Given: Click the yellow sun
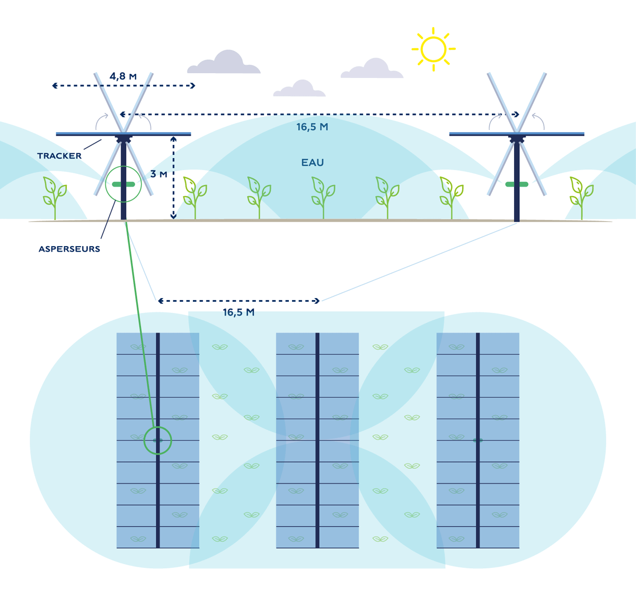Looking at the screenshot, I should coord(434,49).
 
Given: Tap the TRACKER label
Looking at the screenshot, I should coord(59,156).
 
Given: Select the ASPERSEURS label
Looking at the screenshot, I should coord(69,249).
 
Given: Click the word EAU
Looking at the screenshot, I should coord(312,163).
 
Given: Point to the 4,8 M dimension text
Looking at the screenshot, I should coord(123,76).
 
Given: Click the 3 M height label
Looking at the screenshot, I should coord(158,174).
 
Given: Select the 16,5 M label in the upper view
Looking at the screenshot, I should coord(312,127).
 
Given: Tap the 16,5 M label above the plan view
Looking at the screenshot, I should coord(238,312).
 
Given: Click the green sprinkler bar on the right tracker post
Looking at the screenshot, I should coord(517,185).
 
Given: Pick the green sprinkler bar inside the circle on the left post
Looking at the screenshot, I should coord(123,185).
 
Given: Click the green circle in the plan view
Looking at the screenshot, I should coord(158,440).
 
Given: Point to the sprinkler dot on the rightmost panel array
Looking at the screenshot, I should coord(478,440).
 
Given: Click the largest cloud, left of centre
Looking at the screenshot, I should coord(225,63).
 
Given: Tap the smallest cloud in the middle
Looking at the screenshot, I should coord(300,89).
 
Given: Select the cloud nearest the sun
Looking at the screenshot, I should coord(372,69).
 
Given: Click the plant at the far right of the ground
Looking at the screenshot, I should coord(581,196).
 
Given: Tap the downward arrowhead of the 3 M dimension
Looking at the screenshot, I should coord(173,216).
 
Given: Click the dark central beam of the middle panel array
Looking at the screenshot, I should coord(317,440).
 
